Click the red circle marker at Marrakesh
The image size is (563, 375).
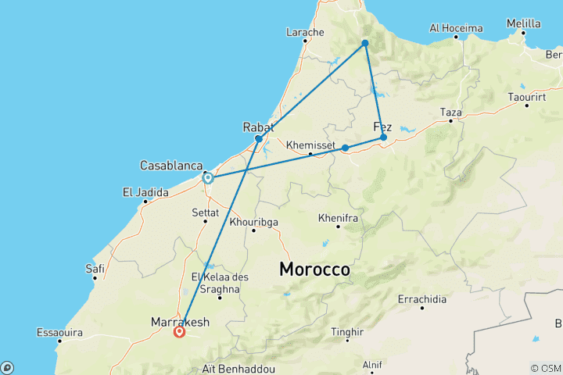[x=180, y=331]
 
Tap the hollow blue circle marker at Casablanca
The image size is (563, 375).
[x=208, y=178]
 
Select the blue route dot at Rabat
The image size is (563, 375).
[x=259, y=139]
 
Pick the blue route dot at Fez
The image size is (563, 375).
[x=383, y=137]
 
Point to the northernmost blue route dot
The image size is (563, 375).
[x=365, y=43]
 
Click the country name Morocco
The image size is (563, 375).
[x=315, y=269]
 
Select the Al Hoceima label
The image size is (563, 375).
[x=457, y=28]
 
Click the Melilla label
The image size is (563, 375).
[x=523, y=24]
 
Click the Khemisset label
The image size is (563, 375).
[x=310, y=145]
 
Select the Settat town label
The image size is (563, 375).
[x=206, y=211]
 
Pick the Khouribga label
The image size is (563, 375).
[x=253, y=221]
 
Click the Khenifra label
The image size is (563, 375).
[x=339, y=218]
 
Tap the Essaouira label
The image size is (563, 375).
[x=59, y=333]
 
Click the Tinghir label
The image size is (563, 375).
[x=348, y=331]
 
